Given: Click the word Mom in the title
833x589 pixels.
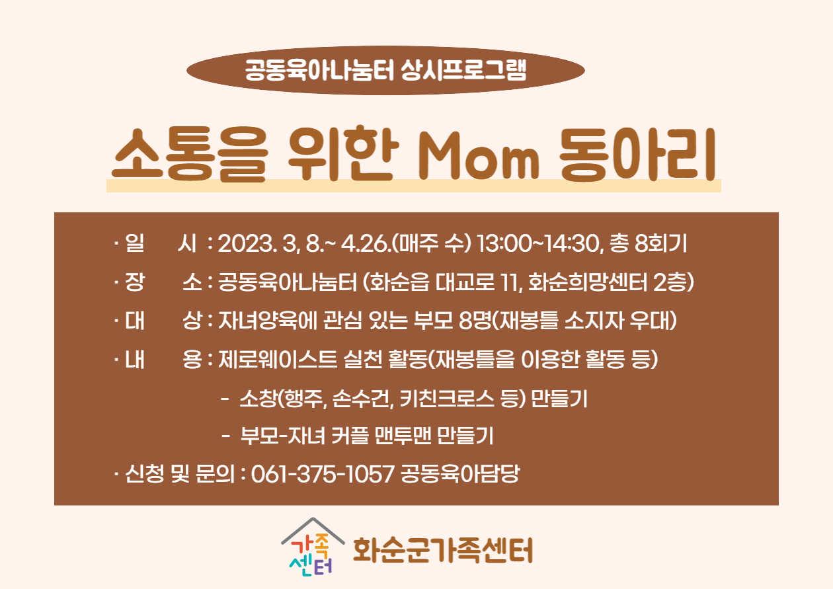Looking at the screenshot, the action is [479, 156].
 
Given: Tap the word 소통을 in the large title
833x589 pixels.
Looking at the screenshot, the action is [190, 155].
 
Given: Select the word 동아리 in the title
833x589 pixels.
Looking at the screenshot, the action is [637, 154].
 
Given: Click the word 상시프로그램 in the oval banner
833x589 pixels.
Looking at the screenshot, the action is [463, 70].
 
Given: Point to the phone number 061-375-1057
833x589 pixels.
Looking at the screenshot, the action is [323, 474].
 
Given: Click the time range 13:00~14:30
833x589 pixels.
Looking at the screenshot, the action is [538, 243].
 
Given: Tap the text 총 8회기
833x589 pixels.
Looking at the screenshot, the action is [648, 243].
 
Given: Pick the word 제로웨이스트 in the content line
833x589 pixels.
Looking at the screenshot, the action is [278, 360].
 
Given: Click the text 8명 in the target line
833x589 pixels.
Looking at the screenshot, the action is [475, 321].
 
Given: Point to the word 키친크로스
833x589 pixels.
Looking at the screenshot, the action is [447, 399].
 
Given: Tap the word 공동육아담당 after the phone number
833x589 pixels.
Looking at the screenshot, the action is [460, 474].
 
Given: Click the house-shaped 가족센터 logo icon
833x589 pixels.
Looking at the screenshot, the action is [312, 547].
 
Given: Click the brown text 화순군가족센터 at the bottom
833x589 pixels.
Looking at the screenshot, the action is [443, 550].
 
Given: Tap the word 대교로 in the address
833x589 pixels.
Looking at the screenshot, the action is [465, 282].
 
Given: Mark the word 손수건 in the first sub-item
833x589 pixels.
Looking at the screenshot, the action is [362, 399].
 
